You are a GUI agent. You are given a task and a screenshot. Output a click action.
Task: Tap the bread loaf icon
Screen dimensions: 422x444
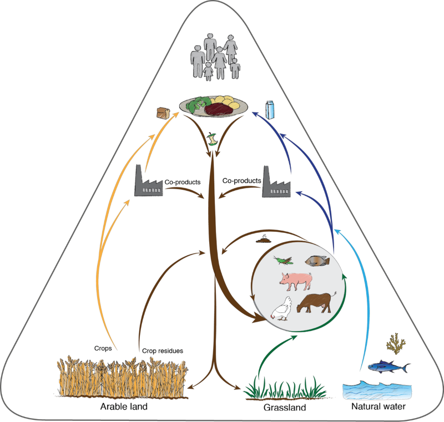(x=163, y=113)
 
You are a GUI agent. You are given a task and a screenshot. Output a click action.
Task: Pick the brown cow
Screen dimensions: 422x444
(x=317, y=302)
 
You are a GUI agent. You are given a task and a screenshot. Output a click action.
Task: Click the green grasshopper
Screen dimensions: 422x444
(x=284, y=260)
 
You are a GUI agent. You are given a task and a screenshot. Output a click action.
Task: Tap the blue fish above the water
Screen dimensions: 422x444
(x=389, y=366)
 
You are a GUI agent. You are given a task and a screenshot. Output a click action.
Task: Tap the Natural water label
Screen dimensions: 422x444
(x=379, y=407)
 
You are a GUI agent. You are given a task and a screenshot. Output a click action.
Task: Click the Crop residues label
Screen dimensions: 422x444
(x=163, y=350)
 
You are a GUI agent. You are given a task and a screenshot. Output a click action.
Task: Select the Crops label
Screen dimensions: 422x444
(x=103, y=348)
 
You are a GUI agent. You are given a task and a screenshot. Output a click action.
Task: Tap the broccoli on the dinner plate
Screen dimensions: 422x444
(x=197, y=105)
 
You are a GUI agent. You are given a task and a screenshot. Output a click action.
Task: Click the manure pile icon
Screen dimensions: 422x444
(x=264, y=240)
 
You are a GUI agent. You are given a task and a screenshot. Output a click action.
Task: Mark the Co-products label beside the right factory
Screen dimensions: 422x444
(x=241, y=180)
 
